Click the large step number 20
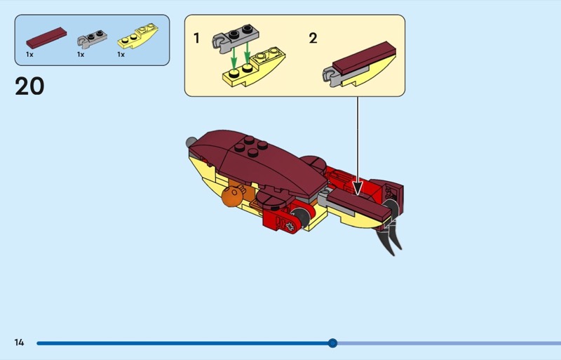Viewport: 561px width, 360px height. [29, 86]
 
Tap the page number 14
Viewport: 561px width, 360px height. [19, 342]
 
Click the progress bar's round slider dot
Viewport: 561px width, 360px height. [332, 343]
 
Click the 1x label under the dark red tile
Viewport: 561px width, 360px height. [30, 54]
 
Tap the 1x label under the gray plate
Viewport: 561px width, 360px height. [81, 54]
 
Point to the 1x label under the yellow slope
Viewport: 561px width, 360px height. [121, 54]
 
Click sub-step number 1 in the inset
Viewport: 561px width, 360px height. [197, 38]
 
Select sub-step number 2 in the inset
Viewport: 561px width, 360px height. [313, 38]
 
